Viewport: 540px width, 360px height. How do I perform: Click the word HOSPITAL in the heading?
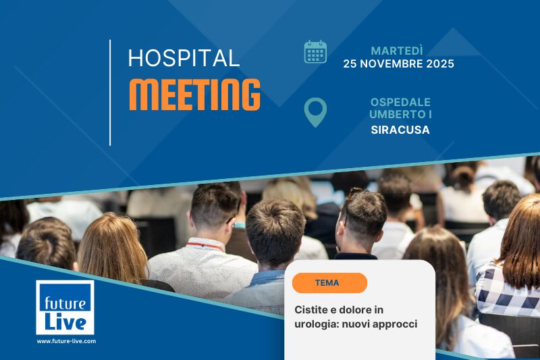coord(184,59)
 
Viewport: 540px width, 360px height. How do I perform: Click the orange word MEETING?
coord(194,95)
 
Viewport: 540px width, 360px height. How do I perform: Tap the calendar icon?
coord(315,52)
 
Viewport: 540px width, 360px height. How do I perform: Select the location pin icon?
coord(315,112)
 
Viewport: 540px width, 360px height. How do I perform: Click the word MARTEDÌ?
coord(398,51)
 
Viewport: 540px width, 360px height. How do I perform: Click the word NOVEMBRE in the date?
coord(392,65)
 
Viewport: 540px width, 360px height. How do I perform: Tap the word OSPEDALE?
coord(400,102)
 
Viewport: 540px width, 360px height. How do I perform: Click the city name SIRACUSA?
coord(400,130)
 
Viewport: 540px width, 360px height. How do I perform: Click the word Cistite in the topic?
coord(311,310)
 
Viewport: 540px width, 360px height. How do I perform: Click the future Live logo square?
coord(65,307)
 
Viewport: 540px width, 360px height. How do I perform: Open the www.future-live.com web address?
coord(66,341)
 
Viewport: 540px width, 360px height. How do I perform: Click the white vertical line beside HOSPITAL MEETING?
coord(110,93)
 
